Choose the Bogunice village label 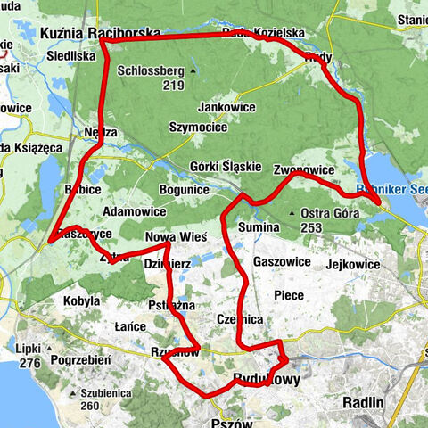coord(184,190)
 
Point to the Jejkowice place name coord(357,264)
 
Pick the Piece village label coord(289,294)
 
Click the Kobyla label coord(81,301)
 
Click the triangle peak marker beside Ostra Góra coord(294,213)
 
